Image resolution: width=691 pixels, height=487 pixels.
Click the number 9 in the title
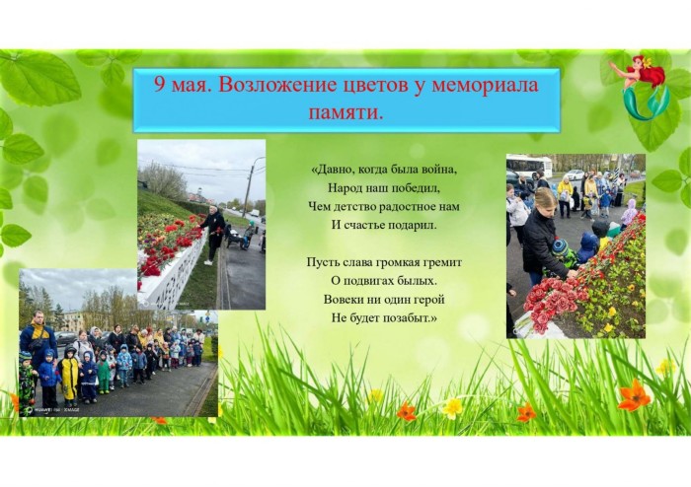coord(160,84)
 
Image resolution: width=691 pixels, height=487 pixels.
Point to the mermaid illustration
coord(642,86)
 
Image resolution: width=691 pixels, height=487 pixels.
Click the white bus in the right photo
coord(529,166)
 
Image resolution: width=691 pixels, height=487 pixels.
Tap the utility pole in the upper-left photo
coord(249,187)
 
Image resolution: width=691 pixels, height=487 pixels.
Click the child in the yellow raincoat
coord(69,377)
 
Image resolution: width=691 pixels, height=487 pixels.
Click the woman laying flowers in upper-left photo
coord(214,234)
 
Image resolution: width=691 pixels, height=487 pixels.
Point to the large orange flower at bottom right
coord(634,394)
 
